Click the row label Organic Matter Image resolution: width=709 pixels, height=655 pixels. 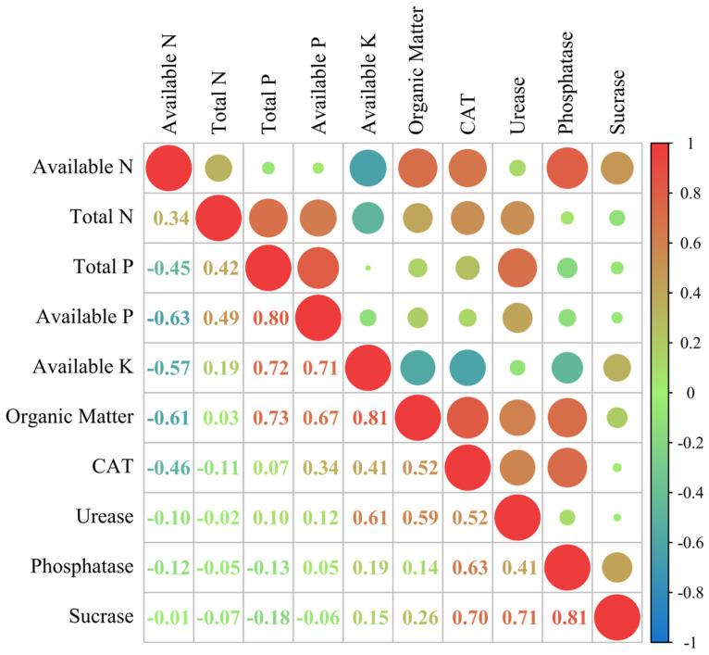[69, 416]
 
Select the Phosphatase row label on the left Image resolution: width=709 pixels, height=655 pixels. [81, 565]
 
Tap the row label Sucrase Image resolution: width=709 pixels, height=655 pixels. [99, 615]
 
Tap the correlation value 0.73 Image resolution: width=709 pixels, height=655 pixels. [268, 417]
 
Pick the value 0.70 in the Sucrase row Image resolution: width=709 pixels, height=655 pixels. [467, 615]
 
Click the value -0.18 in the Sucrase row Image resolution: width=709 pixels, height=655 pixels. [268, 615]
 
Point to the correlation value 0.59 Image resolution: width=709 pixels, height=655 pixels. [417, 516]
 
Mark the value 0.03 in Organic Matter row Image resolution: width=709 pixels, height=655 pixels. [218, 417]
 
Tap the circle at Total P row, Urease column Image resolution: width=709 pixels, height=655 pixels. [517, 268]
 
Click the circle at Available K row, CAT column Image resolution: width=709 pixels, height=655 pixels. [467, 367]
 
